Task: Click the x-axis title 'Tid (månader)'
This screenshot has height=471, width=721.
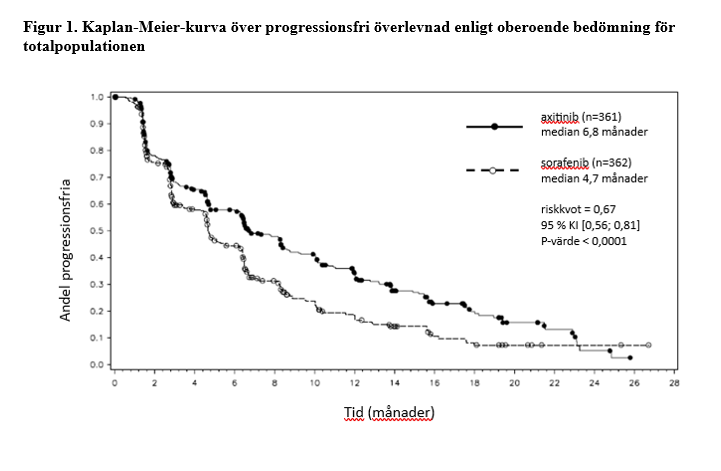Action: [390, 411]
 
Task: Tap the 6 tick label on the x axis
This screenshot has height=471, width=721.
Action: [234, 384]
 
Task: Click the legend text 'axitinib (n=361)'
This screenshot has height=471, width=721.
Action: [580, 118]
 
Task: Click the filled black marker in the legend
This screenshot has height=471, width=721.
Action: [494, 126]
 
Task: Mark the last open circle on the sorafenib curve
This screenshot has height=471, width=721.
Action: [649, 345]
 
